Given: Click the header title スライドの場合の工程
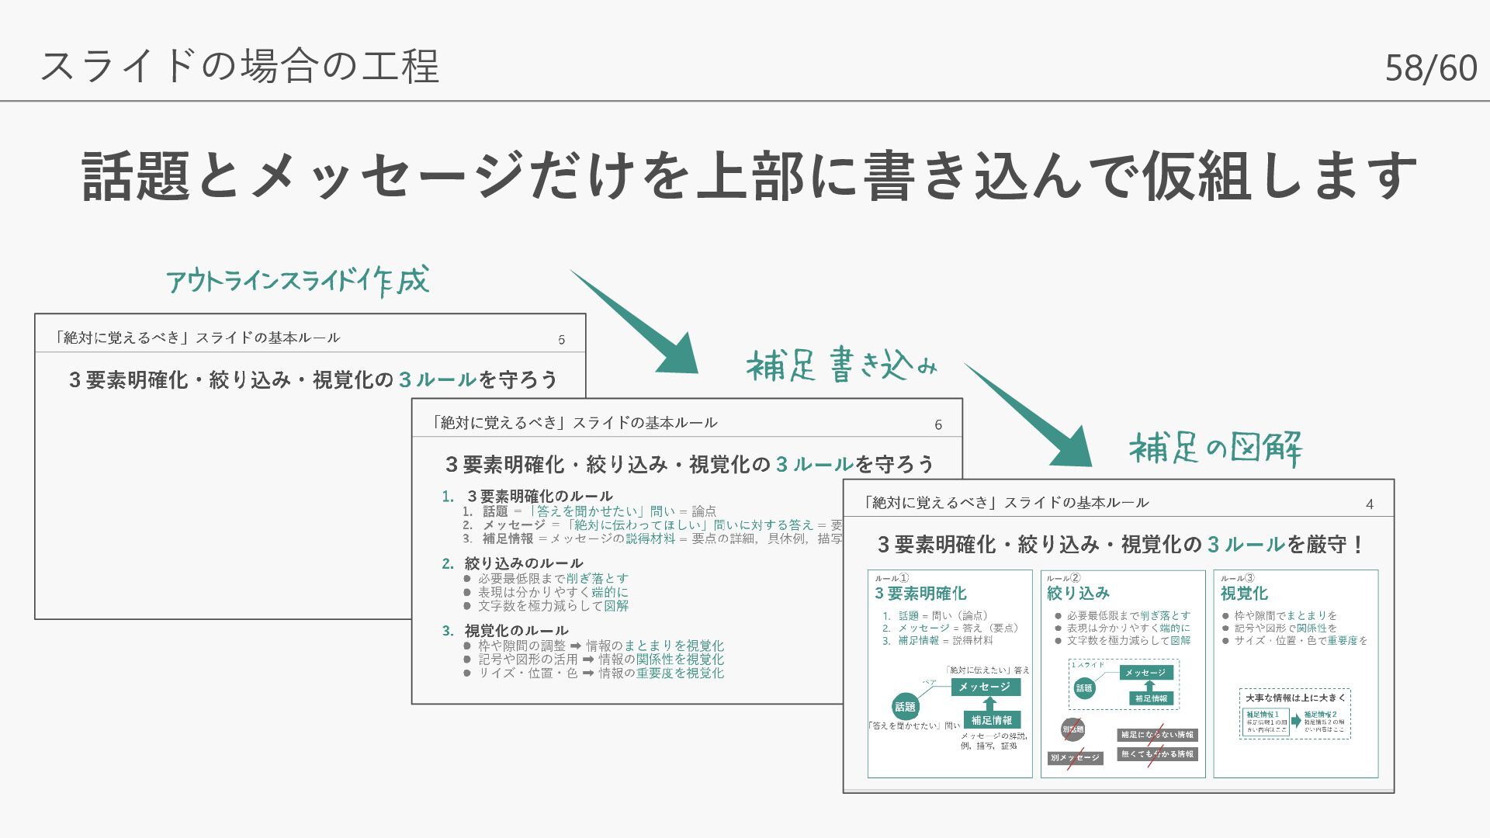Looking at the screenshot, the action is pyautogui.click(x=240, y=65).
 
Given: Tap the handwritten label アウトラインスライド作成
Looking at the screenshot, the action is pyautogui.click(x=297, y=281).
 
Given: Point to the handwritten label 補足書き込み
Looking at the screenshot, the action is pyautogui.click(x=841, y=365).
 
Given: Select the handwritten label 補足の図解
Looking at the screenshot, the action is pyautogui.click(x=1215, y=448).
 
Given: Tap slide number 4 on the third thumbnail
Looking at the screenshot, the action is pyautogui.click(x=1369, y=504).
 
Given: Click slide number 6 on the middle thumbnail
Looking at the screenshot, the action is pyautogui.click(x=937, y=425).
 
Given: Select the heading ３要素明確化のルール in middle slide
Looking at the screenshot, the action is pyautogui.click(x=539, y=496).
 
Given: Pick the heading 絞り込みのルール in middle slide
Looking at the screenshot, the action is pyautogui.click(x=523, y=563).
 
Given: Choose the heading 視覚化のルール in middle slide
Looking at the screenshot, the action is pyautogui.click(x=516, y=630).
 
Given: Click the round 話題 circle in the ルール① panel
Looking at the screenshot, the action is pyautogui.click(x=905, y=707).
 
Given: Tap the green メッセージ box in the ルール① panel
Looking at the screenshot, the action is pyautogui.click(x=984, y=687).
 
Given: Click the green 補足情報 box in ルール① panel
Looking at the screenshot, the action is pyautogui.click(x=991, y=720).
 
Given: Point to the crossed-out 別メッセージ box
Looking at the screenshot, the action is pyautogui.click(x=1075, y=757).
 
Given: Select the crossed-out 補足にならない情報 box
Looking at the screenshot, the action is pyautogui.click(x=1157, y=735).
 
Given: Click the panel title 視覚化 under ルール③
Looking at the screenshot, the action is pyautogui.click(x=1244, y=594).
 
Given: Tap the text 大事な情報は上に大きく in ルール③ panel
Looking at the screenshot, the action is pyautogui.click(x=1295, y=698).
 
